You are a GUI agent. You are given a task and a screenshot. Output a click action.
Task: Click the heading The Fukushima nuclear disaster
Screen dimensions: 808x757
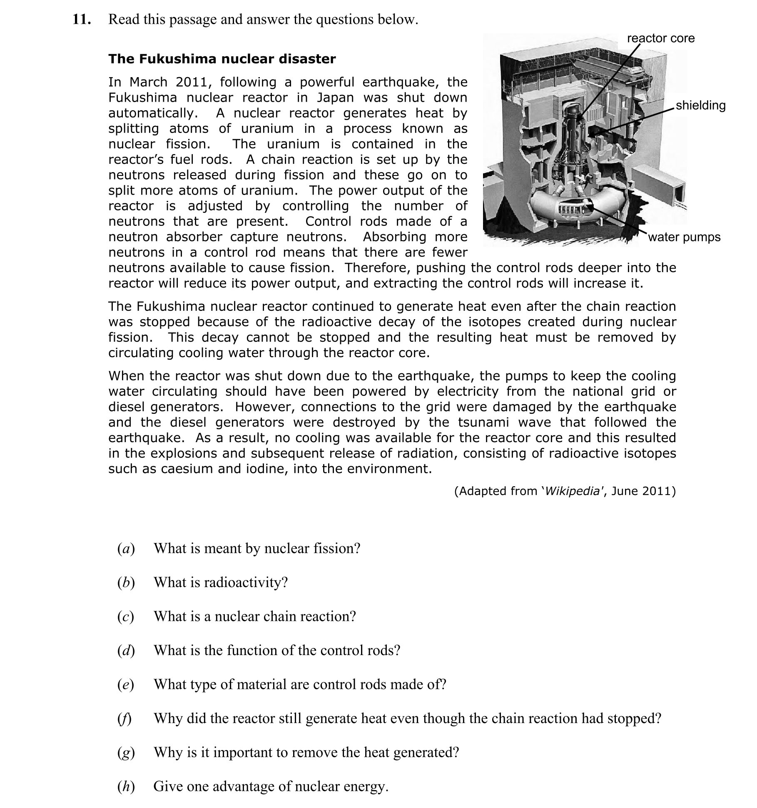click(222, 59)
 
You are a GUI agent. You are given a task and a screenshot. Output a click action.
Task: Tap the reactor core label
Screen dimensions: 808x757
click(660, 38)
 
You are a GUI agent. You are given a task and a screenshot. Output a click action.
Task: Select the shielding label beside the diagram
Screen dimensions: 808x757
click(700, 105)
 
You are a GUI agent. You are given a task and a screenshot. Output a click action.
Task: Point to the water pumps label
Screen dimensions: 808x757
click(684, 237)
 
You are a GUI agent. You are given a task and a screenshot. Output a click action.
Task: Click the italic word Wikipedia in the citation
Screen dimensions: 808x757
click(572, 491)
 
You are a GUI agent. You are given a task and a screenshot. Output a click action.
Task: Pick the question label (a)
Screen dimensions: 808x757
click(126, 549)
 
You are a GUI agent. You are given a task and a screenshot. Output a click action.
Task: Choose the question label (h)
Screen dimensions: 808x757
click(126, 787)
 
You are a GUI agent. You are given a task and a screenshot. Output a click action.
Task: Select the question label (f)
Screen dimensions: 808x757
click(125, 719)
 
